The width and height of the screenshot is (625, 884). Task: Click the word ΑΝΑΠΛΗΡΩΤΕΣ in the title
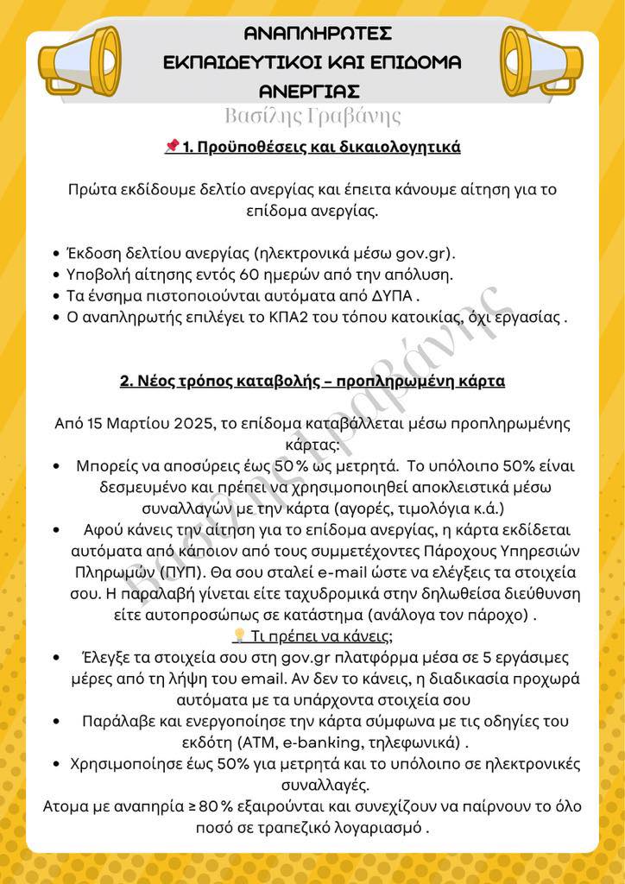[x=318, y=34]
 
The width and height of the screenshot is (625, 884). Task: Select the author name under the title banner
[x=312, y=116]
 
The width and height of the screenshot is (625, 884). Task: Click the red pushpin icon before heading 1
[x=171, y=147]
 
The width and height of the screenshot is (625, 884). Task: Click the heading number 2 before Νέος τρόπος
[x=125, y=381]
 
